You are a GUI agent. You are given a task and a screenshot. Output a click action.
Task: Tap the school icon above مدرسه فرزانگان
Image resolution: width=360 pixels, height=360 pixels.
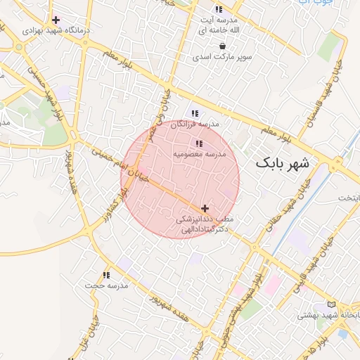pos(195,112)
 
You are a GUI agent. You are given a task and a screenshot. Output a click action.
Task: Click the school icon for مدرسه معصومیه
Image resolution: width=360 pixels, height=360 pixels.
pos(199,143)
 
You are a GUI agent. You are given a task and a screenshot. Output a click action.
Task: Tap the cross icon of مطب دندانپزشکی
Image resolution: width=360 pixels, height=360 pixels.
pos(205,208)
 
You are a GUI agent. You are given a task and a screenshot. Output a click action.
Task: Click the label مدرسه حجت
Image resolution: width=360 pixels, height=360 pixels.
pos(105,286)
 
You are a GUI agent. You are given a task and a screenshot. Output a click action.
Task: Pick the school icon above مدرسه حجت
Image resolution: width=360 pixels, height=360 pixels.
pos(106,275)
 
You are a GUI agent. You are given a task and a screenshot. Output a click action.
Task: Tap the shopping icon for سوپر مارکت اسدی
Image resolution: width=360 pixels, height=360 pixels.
pos(222,46)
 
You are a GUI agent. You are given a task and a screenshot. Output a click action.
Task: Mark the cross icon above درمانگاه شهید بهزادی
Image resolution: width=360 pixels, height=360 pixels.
pos(56,20)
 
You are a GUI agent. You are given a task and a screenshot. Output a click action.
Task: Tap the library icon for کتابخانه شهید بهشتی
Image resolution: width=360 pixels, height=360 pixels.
pos(331,304)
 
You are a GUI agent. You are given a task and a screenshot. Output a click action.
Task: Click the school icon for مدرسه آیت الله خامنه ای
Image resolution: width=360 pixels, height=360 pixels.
pos(219,9)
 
